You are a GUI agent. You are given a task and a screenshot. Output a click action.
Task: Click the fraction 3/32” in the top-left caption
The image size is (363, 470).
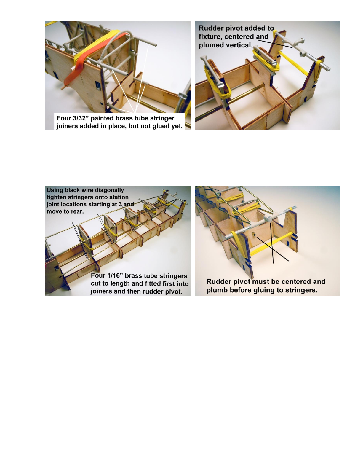point(81,118)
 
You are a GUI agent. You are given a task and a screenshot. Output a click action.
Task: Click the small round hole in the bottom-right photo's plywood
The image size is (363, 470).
point(255,234)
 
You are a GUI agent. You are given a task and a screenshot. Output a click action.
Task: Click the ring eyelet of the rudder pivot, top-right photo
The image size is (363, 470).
point(302,40)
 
